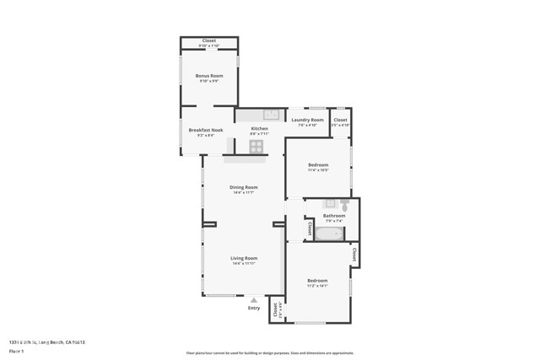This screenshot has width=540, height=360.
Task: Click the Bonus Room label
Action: [x=208, y=76]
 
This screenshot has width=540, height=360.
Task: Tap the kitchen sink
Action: [x=271, y=114]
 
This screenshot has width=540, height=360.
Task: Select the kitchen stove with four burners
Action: [x=256, y=146]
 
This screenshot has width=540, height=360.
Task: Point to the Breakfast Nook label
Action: [x=205, y=130]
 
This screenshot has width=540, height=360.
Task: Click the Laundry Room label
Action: [x=307, y=121]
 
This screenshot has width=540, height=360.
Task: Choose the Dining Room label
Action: [x=244, y=187]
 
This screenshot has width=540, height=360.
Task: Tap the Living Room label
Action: [x=244, y=258]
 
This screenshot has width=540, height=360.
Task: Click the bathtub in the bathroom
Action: [x=330, y=234]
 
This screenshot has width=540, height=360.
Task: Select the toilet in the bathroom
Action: [x=345, y=205]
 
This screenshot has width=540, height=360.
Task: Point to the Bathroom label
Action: [x=334, y=216]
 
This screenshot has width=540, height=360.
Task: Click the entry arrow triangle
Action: [x=254, y=298]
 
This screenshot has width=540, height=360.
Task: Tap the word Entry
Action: [x=254, y=308]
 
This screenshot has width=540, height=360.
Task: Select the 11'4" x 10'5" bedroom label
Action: [x=318, y=165]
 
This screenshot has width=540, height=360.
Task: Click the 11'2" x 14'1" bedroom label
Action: [x=317, y=281]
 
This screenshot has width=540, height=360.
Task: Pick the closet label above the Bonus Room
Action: [x=208, y=41]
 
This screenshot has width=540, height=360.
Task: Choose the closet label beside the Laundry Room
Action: [x=340, y=121]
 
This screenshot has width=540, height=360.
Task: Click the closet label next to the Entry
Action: [x=275, y=309]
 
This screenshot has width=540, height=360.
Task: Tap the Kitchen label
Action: [x=259, y=129]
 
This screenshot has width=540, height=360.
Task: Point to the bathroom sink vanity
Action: [x=330, y=203]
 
